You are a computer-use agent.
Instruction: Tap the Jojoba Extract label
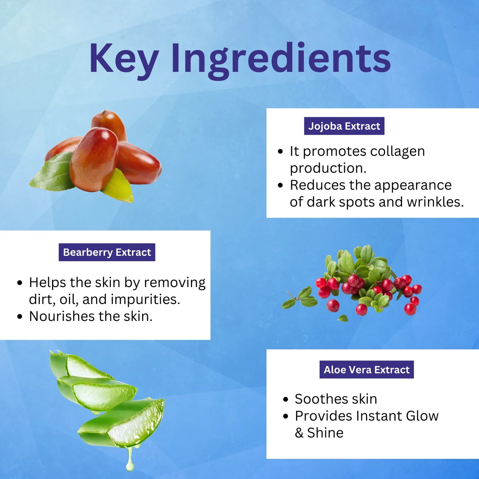[x=344, y=126]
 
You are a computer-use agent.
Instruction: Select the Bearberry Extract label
[x=107, y=252]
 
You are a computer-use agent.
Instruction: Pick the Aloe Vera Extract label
[x=367, y=370]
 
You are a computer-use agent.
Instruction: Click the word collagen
[x=397, y=152]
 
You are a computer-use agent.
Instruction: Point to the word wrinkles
[x=435, y=202]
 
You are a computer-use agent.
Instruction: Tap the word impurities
[x=146, y=300]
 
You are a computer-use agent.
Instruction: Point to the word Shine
[x=325, y=433]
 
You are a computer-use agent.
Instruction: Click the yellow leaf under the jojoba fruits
[x=118, y=186]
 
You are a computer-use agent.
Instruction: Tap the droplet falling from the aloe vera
[x=130, y=459]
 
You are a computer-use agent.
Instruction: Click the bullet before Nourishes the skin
[x=20, y=317]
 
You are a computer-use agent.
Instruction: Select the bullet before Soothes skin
[x=286, y=399]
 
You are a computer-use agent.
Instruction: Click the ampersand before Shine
[x=299, y=433]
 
